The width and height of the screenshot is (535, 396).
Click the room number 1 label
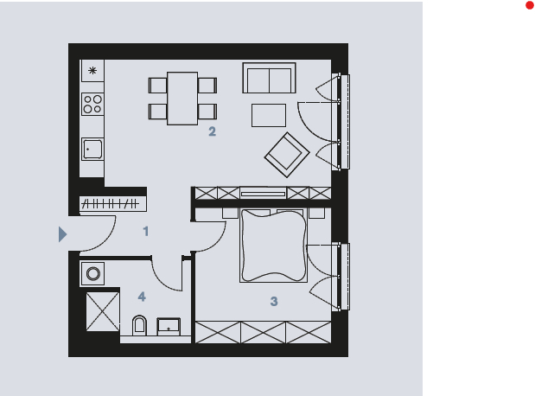tap(146, 231)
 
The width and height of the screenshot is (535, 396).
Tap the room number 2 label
tap(213, 131)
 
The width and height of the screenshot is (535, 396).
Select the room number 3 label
tap(274, 301)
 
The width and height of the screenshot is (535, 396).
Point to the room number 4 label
tap(142, 297)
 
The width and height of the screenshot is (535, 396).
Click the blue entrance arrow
tap(62, 234)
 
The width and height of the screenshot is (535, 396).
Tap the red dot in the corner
tap(530, 5)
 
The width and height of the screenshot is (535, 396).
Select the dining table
tap(182, 99)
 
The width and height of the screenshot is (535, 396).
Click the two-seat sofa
tap(269, 78)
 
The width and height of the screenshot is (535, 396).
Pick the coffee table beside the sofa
tap(269, 115)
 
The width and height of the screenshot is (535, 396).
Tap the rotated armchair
tap(287, 155)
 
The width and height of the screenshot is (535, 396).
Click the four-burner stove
tap(92, 104)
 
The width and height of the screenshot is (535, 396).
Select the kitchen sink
tap(92, 149)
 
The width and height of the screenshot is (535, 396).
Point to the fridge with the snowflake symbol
tap(92, 71)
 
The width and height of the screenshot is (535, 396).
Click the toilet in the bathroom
tap(139, 325)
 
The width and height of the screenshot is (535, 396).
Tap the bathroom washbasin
tap(169, 327)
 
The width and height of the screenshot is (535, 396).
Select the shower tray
tap(103, 311)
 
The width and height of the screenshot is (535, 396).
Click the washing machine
tap(92, 273)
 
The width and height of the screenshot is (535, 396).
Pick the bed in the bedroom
tap(273, 246)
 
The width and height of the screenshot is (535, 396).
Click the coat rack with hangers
tap(113, 204)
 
